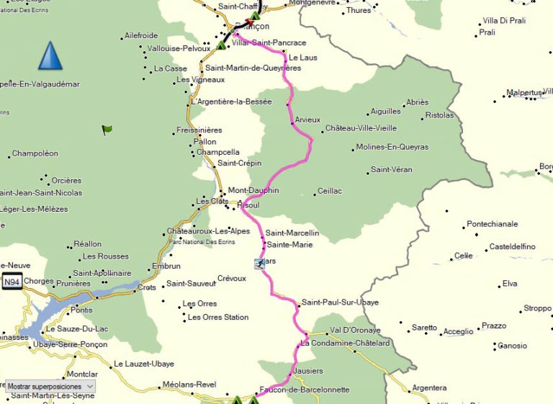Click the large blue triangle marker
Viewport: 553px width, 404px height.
[50, 56]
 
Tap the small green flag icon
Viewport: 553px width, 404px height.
[107, 130]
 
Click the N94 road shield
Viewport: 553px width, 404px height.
[12, 283]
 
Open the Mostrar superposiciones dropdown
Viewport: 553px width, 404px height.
[50, 387]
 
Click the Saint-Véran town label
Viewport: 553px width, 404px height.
[392, 170]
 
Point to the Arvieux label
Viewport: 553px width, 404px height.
[307, 120]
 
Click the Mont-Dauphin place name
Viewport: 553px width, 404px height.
[253, 191]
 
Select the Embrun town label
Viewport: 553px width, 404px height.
[166, 266]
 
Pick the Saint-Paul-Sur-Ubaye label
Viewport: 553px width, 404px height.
[340, 302]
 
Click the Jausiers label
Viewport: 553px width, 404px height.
[309, 371]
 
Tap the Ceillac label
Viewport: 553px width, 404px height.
[330, 192]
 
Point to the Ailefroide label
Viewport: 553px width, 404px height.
[141, 35]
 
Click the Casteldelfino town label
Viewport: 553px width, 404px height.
[513, 246]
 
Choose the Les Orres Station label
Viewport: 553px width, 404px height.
[218, 317]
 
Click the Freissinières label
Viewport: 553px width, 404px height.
[199, 130]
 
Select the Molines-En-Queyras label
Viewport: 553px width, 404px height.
[392, 147]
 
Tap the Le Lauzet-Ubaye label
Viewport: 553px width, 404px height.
[144, 364]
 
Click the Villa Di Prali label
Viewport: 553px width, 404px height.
[504, 21]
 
